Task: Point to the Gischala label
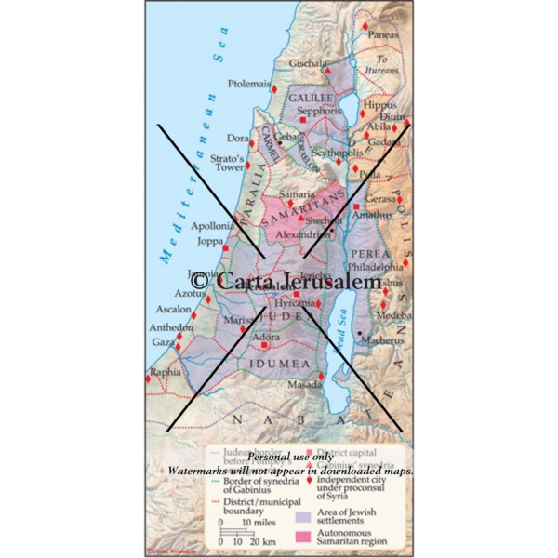tap(307, 63)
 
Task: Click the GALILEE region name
tap(310, 96)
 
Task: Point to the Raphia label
tap(166, 370)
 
